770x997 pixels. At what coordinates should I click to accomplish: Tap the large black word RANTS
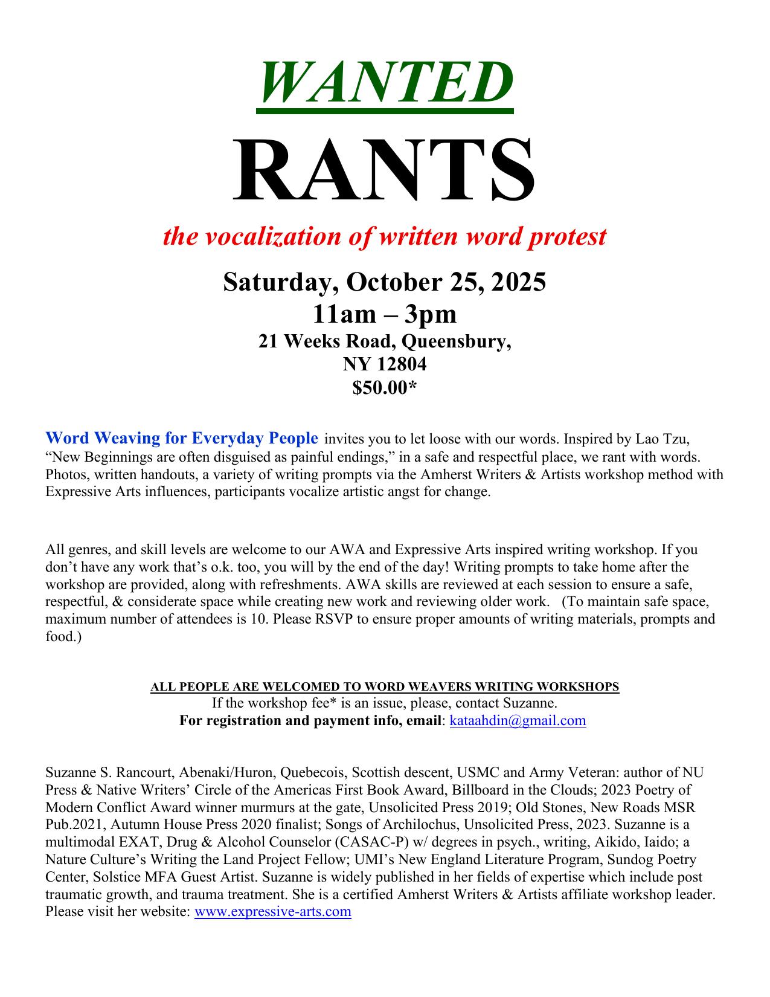coord(385,172)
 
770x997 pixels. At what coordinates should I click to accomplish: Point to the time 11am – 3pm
coord(385,314)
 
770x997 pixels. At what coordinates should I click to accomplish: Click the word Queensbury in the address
coord(456,342)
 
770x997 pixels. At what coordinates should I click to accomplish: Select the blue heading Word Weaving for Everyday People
coord(182,438)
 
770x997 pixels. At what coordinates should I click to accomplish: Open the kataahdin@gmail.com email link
coord(518,720)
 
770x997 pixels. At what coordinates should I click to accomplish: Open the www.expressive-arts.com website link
coord(272,911)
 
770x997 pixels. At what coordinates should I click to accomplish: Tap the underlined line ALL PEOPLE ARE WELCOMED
coord(385,686)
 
